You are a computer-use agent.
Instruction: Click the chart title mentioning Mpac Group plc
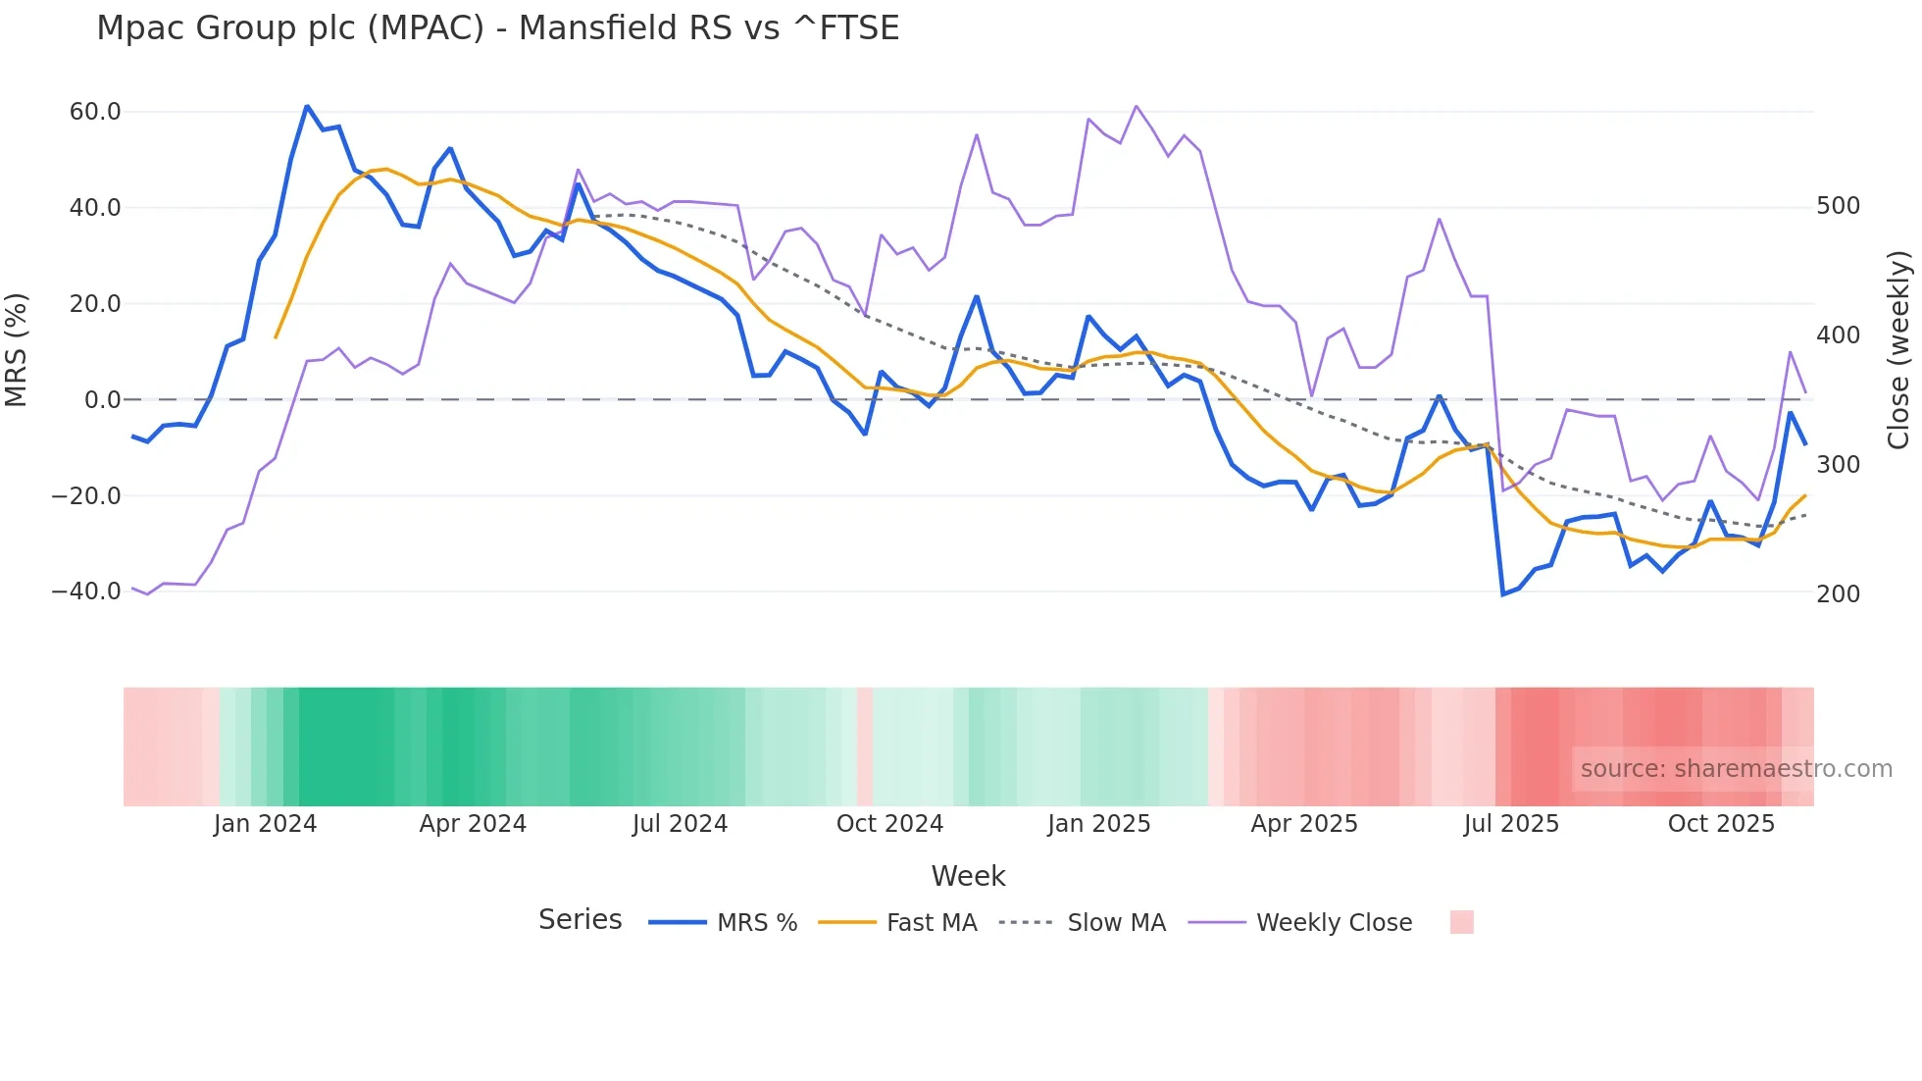click(x=497, y=27)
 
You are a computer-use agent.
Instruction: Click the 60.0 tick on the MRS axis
click(x=95, y=112)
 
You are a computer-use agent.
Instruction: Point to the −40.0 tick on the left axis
click(x=86, y=592)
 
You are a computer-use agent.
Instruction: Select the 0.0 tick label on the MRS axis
click(x=102, y=400)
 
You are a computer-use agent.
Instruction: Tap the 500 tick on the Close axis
click(x=1838, y=206)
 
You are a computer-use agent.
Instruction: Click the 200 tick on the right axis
click(x=1838, y=593)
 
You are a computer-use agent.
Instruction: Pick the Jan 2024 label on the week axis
click(x=265, y=824)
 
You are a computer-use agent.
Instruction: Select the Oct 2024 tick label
click(x=889, y=824)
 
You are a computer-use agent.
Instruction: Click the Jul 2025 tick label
click(x=1511, y=824)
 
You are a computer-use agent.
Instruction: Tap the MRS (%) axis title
click(x=17, y=350)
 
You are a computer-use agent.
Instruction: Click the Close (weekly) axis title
click(x=1899, y=350)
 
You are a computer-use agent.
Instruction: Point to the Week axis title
click(x=968, y=876)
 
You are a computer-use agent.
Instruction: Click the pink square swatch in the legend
click(x=1461, y=922)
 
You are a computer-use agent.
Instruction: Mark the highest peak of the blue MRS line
click(x=307, y=106)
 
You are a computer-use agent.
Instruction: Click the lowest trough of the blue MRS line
click(x=1503, y=594)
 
